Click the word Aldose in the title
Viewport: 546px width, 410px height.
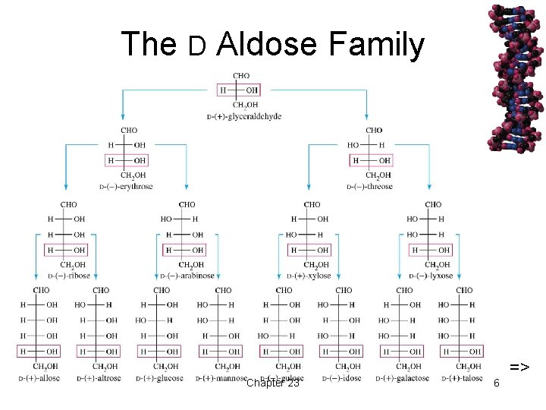(x=265, y=44)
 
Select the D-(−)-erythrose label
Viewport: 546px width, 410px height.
(x=126, y=186)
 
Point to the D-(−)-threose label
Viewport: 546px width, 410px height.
(x=369, y=186)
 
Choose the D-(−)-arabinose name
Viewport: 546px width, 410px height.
(x=187, y=276)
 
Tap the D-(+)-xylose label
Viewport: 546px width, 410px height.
(x=311, y=276)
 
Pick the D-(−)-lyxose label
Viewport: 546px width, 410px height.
(x=433, y=276)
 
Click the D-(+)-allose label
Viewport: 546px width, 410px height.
(x=39, y=378)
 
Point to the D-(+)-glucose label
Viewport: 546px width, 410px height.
(x=161, y=378)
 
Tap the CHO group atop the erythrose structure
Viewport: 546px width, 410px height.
(x=129, y=131)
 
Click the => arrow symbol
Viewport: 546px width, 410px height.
(x=519, y=368)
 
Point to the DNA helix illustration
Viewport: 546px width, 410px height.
(x=516, y=76)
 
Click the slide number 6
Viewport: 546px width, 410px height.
(x=496, y=383)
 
